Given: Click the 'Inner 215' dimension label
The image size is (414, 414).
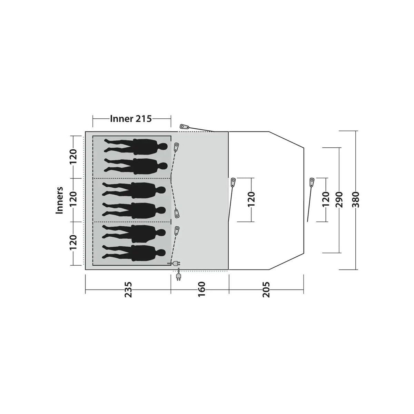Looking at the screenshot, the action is pyautogui.click(x=131, y=119).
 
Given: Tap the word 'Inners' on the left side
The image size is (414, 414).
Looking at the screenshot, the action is pyautogui.click(x=59, y=200).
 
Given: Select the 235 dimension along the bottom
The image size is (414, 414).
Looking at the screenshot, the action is pyautogui.click(x=128, y=289).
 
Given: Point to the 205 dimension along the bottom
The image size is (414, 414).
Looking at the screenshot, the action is pyautogui.click(x=266, y=289).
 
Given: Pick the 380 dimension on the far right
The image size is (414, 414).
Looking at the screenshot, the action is pyautogui.click(x=356, y=200).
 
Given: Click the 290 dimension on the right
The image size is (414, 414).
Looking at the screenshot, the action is pyautogui.click(x=339, y=200).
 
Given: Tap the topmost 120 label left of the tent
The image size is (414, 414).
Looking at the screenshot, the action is pyautogui.click(x=73, y=156).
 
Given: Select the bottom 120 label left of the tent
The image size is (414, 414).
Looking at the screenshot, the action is pyautogui.click(x=73, y=242).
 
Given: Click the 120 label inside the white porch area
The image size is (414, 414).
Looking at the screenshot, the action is pyautogui.click(x=251, y=200).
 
